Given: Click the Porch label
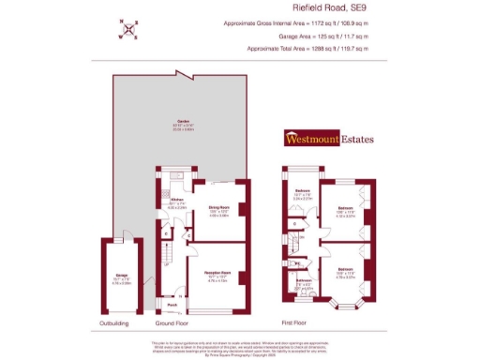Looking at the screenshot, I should click(172, 304).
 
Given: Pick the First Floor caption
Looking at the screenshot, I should click(297, 323).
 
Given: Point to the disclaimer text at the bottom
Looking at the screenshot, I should click(239, 347).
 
